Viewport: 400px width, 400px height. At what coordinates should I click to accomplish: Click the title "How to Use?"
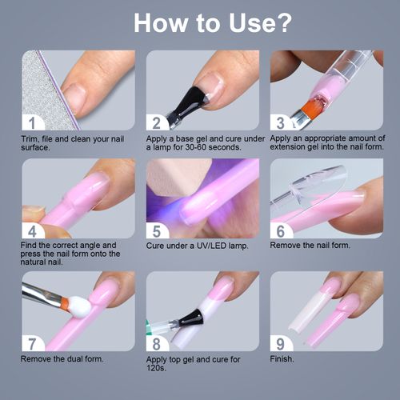200,22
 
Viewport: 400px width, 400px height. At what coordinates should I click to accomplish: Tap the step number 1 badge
32,122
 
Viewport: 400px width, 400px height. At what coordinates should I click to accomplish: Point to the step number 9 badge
280,343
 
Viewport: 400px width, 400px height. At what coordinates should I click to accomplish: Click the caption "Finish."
283,359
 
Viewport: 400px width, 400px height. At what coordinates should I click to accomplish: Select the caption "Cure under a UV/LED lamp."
196,246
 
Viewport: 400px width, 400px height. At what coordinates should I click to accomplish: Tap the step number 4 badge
32,230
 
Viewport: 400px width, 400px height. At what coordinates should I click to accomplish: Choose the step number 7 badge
32,343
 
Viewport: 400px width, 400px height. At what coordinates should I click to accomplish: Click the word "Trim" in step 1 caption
30,138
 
